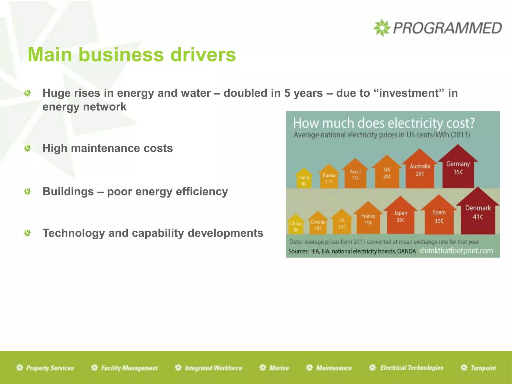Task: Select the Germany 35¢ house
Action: point(458,169)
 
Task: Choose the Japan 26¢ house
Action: point(400,217)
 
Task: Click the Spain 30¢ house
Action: point(439,217)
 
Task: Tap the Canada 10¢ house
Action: point(318,224)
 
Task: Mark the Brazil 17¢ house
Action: point(355,175)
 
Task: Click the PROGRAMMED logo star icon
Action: point(381,28)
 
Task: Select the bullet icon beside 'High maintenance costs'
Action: point(27,148)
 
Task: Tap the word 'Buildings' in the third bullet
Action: point(68,192)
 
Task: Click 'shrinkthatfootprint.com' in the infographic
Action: point(456,251)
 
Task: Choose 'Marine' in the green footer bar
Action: point(279,368)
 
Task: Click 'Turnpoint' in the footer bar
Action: point(483,368)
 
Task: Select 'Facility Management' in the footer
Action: point(129,368)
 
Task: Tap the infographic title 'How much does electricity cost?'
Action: point(383,123)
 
